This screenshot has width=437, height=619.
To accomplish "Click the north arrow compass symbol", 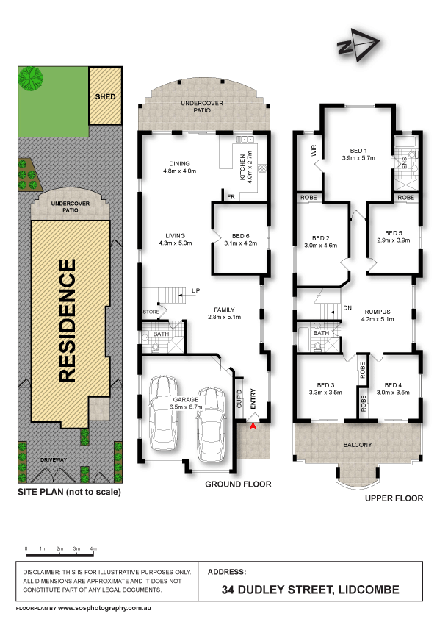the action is (358, 45).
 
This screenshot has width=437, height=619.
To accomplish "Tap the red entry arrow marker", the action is (253, 426).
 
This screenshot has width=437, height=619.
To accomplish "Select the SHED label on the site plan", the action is (105, 97).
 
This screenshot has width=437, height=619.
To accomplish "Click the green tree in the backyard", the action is (30, 79).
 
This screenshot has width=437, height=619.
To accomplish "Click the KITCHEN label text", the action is (242, 167).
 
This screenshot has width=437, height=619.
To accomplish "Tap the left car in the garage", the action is (164, 413).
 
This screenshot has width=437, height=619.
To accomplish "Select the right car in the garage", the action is (211, 425).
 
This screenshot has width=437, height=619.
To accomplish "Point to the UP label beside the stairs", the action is (195, 290).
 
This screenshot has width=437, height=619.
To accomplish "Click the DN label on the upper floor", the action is (347, 308).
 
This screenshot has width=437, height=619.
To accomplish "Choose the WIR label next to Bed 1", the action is (314, 151).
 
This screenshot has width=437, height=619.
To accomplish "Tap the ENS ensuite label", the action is (404, 163).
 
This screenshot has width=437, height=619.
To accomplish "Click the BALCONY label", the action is (358, 445).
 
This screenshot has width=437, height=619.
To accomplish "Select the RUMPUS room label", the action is (378, 312).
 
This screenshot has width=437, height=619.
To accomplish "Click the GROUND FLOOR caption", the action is (238, 484).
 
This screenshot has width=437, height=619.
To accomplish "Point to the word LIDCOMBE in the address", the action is (369, 590).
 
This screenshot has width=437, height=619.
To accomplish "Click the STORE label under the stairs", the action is (151, 312).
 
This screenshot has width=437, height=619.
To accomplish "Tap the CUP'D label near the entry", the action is (239, 398).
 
